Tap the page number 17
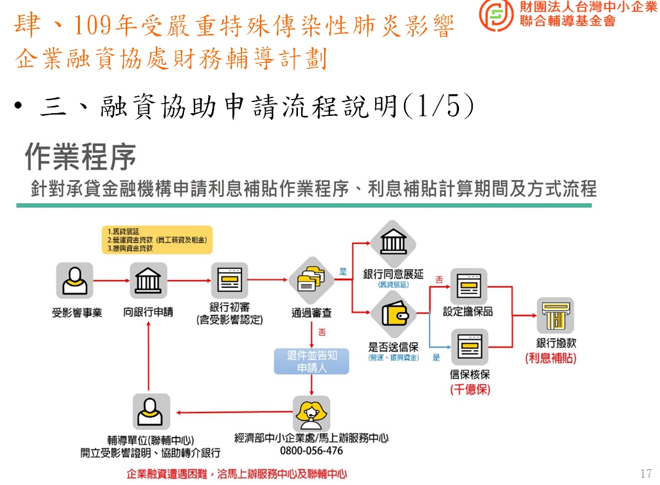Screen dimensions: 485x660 646,473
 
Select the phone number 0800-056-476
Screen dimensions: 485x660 311,451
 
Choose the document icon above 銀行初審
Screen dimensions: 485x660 229,280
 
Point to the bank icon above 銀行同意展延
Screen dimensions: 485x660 394,243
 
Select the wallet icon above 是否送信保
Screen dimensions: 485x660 394,315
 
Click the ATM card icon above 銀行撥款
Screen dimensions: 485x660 556,315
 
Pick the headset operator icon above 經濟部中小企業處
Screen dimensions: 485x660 312,412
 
